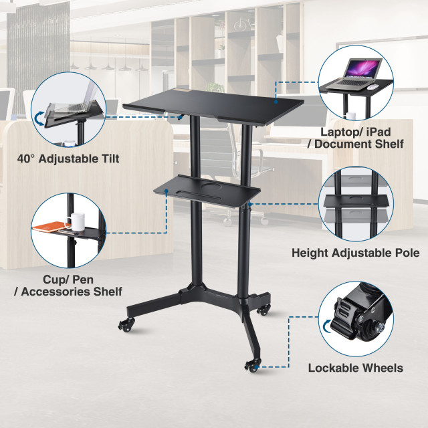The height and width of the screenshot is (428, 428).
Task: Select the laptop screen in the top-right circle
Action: click(361, 68)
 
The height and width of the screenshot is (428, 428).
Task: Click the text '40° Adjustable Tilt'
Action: click(68, 158)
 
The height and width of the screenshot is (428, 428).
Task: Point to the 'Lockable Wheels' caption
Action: click(355, 368)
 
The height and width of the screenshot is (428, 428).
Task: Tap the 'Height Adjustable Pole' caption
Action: click(355, 253)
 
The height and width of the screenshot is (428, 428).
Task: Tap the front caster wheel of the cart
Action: click(252, 365)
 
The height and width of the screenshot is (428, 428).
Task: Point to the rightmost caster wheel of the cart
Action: click(265, 310)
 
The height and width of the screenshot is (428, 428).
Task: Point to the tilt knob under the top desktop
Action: click(181, 117)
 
